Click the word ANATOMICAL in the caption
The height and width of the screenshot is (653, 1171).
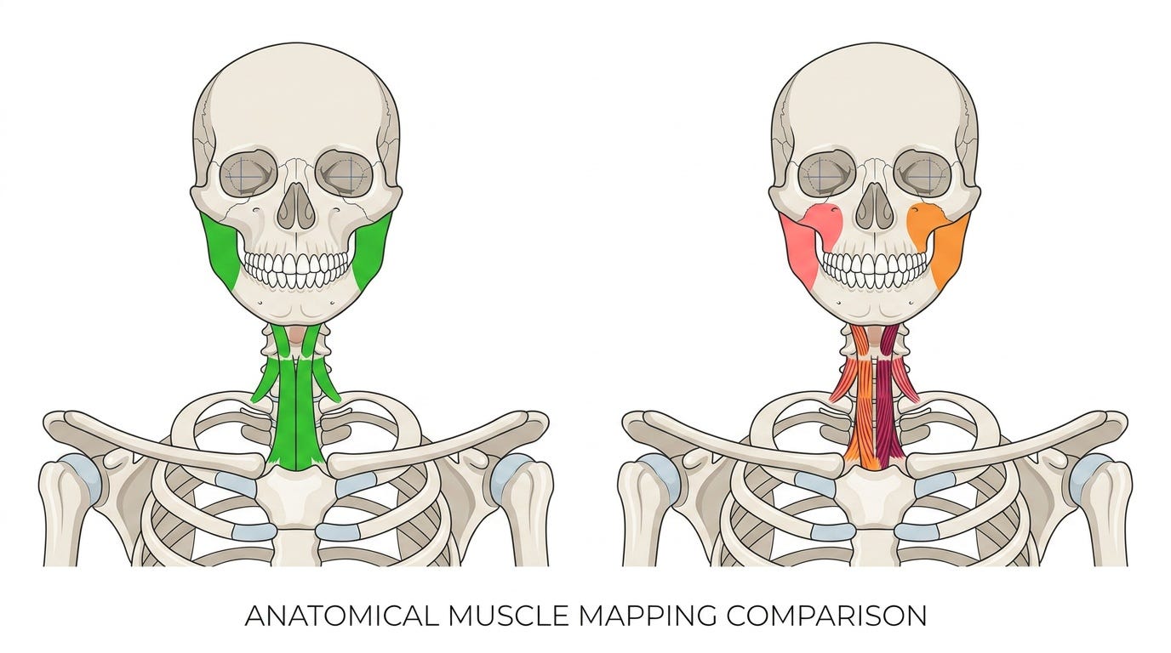click(341, 616)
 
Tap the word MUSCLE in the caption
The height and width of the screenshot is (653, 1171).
click(507, 616)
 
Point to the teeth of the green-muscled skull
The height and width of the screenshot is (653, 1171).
click(296, 269)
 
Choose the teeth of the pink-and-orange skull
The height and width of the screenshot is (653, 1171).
click(875, 269)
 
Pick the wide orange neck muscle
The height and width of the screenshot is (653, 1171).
click(863, 412)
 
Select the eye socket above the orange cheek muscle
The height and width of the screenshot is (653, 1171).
click(923, 176)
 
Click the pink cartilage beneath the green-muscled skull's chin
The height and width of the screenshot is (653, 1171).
click(296, 335)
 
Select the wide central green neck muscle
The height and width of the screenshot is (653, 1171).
click(296, 412)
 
